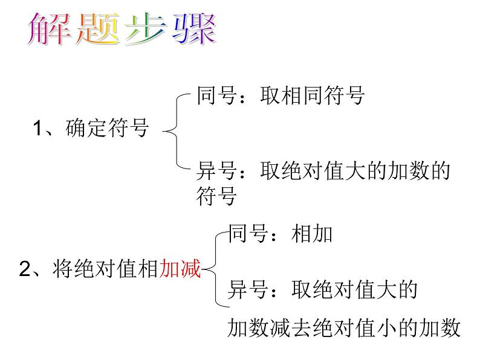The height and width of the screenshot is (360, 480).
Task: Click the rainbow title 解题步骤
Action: [x=122, y=31]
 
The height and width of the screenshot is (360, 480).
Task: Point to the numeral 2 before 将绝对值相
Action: [x=25, y=269]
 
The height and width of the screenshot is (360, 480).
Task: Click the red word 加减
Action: [x=180, y=269]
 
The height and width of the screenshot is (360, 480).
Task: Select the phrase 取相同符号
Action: [x=313, y=95]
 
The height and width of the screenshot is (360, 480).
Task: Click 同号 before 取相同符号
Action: [x=216, y=95]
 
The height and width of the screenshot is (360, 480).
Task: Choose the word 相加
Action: [x=312, y=234]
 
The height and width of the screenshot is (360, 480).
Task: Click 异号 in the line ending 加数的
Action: [x=216, y=171]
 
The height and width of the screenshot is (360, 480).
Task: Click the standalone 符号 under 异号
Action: [x=216, y=196]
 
